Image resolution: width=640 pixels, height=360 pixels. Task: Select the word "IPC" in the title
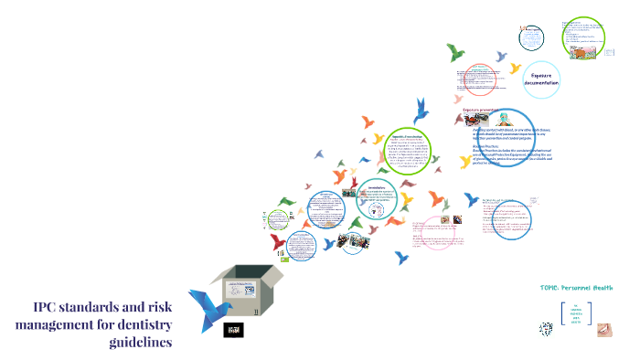(49, 306)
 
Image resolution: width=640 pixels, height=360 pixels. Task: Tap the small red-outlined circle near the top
(529, 38)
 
